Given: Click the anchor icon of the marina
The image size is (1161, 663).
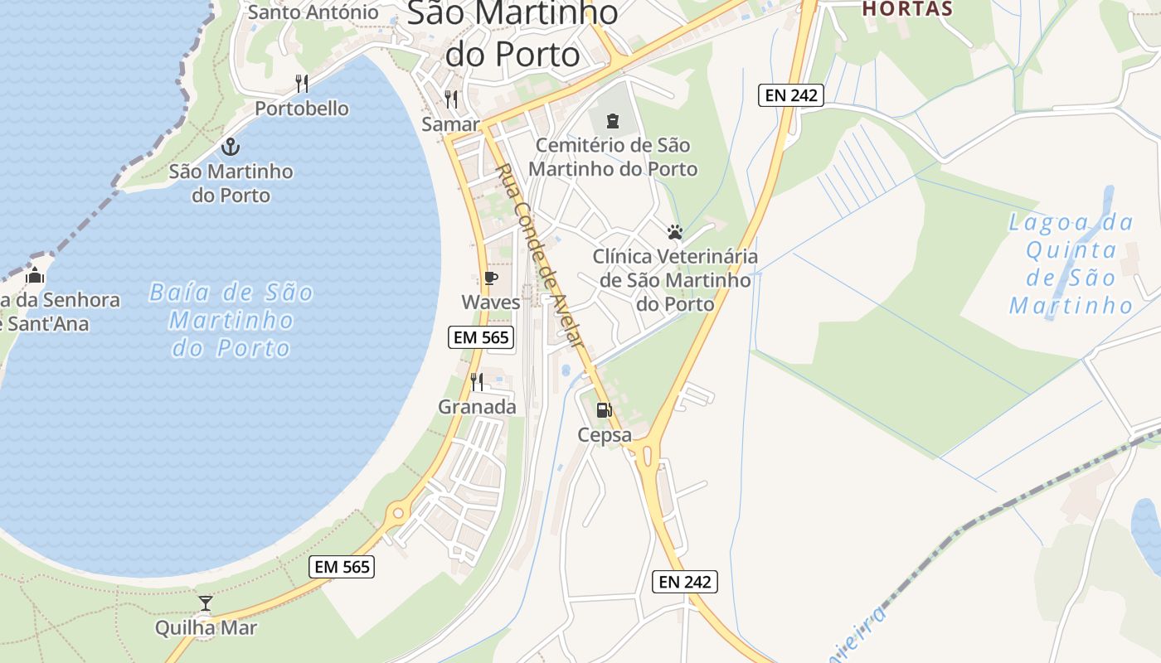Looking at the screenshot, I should pyautogui.click(x=231, y=148).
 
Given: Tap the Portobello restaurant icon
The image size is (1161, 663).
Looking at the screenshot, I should pyautogui.click(x=302, y=84).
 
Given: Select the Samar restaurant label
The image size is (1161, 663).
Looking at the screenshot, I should pyautogui.click(x=450, y=124).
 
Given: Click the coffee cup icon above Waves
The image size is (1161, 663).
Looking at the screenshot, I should pyautogui.click(x=490, y=278).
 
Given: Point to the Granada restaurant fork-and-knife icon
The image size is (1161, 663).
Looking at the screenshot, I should pyautogui.click(x=477, y=381).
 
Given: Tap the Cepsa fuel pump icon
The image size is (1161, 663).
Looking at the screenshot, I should pyautogui.click(x=605, y=409).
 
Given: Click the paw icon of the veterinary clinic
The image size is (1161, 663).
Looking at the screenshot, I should pyautogui.click(x=675, y=232).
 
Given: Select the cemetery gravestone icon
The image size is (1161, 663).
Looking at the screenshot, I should pyautogui.click(x=613, y=121).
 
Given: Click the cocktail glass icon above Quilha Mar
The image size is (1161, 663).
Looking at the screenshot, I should pyautogui.click(x=206, y=603).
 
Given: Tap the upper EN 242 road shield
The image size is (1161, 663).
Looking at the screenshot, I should pyautogui.click(x=790, y=95).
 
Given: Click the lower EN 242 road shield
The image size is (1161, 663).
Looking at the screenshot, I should pyautogui.click(x=684, y=582).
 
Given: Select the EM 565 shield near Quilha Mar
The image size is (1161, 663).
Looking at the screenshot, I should pyautogui.click(x=342, y=567).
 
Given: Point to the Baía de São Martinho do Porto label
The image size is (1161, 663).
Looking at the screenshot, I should pyautogui.click(x=231, y=320).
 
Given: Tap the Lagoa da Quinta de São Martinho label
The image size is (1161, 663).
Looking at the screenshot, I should pyautogui.click(x=1071, y=264).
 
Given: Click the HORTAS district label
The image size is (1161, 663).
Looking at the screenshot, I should pyautogui.click(x=907, y=9).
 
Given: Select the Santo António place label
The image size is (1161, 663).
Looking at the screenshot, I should pyautogui.click(x=313, y=12).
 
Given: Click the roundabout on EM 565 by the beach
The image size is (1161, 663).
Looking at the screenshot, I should pyautogui.click(x=398, y=513).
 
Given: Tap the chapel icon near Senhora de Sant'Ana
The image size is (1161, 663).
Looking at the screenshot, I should pyautogui.click(x=35, y=275).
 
